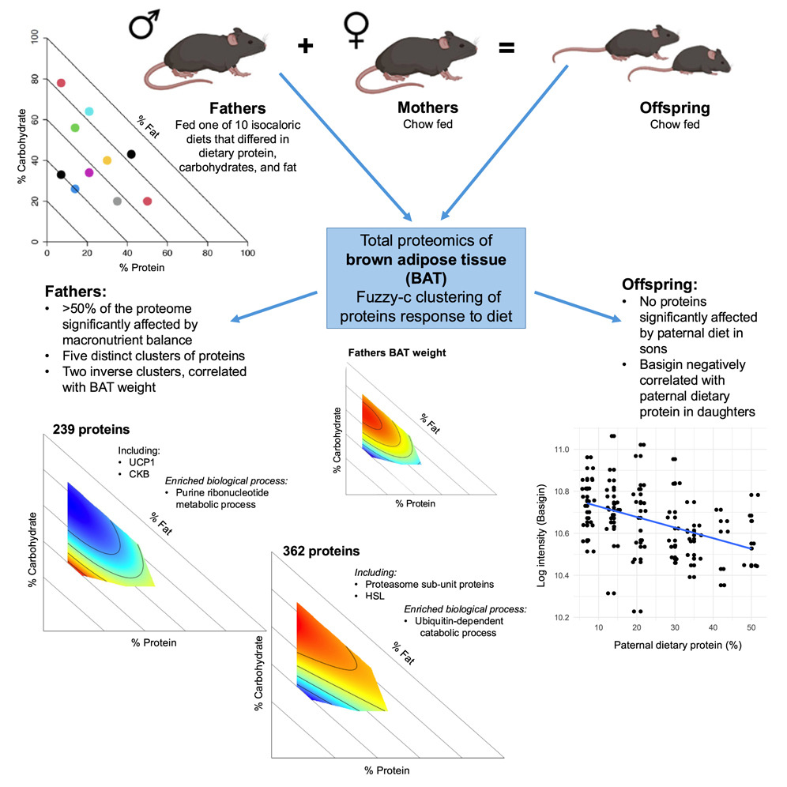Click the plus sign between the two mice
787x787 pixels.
point(305,47)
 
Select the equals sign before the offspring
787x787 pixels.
point(506,47)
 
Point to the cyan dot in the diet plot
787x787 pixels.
point(89,111)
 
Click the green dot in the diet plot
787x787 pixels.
point(75,128)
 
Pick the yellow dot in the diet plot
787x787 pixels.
point(107,160)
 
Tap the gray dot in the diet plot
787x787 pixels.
point(117,201)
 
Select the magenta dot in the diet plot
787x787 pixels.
point(89,172)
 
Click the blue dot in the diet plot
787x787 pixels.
point(75,189)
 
